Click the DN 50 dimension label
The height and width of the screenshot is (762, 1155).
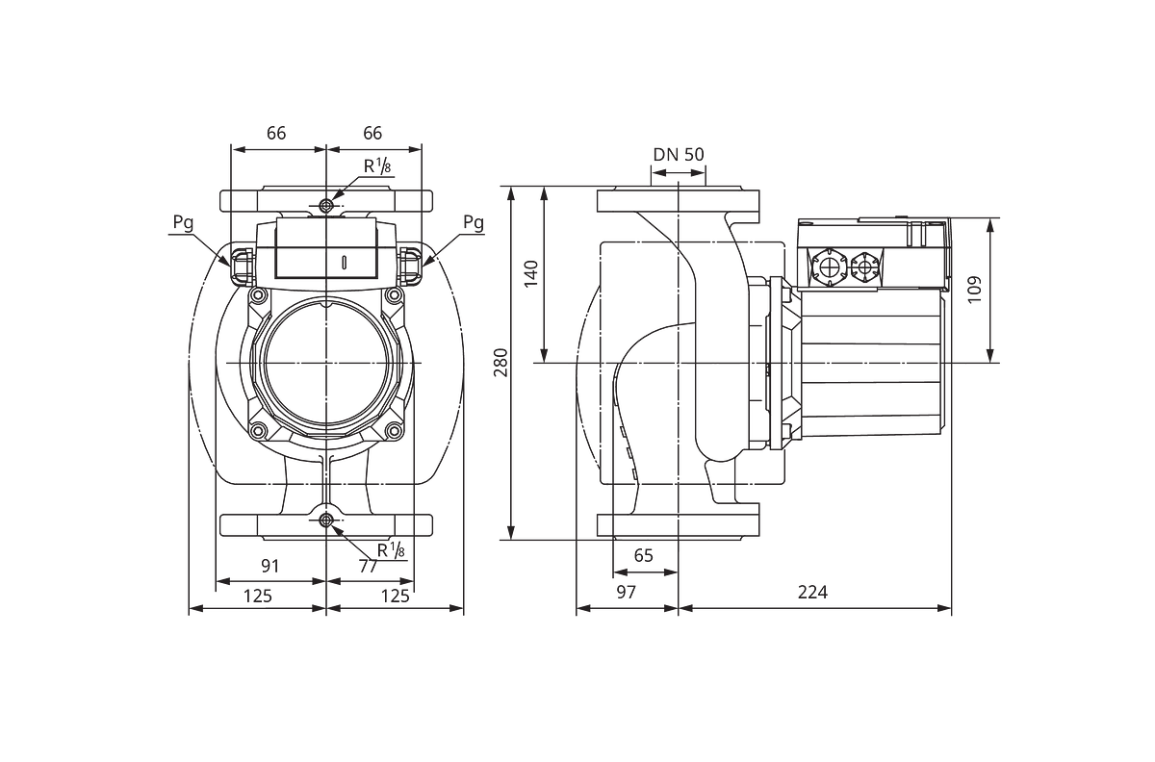tap(678, 155)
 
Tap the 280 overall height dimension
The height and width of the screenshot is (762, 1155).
tap(501, 363)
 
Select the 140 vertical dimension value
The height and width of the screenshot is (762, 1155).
tap(531, 274)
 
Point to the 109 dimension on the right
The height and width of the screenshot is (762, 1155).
tap(974, 290)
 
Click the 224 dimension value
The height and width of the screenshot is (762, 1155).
tap(812, 593)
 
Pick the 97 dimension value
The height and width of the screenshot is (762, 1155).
tap(627, 593)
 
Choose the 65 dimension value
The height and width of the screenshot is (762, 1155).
tap(644, 555)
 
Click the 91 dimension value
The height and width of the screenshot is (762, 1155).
tap(270, 566)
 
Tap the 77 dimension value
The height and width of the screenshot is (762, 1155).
tap(368, 566)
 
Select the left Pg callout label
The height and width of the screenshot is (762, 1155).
tap(183, 223)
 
